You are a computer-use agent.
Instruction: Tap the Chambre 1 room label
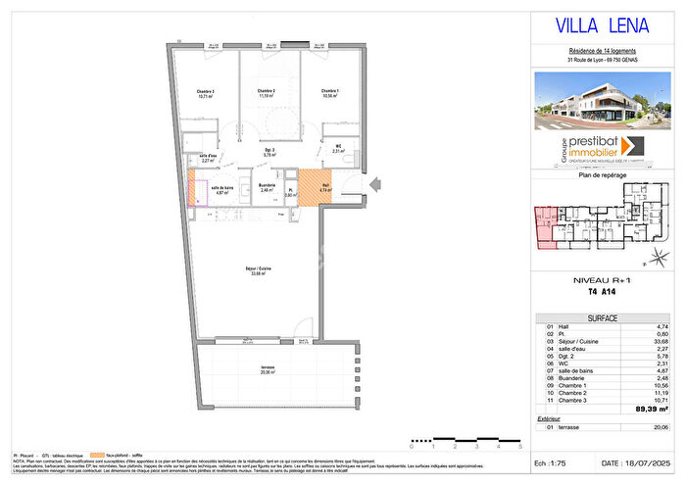pos(328,93)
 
